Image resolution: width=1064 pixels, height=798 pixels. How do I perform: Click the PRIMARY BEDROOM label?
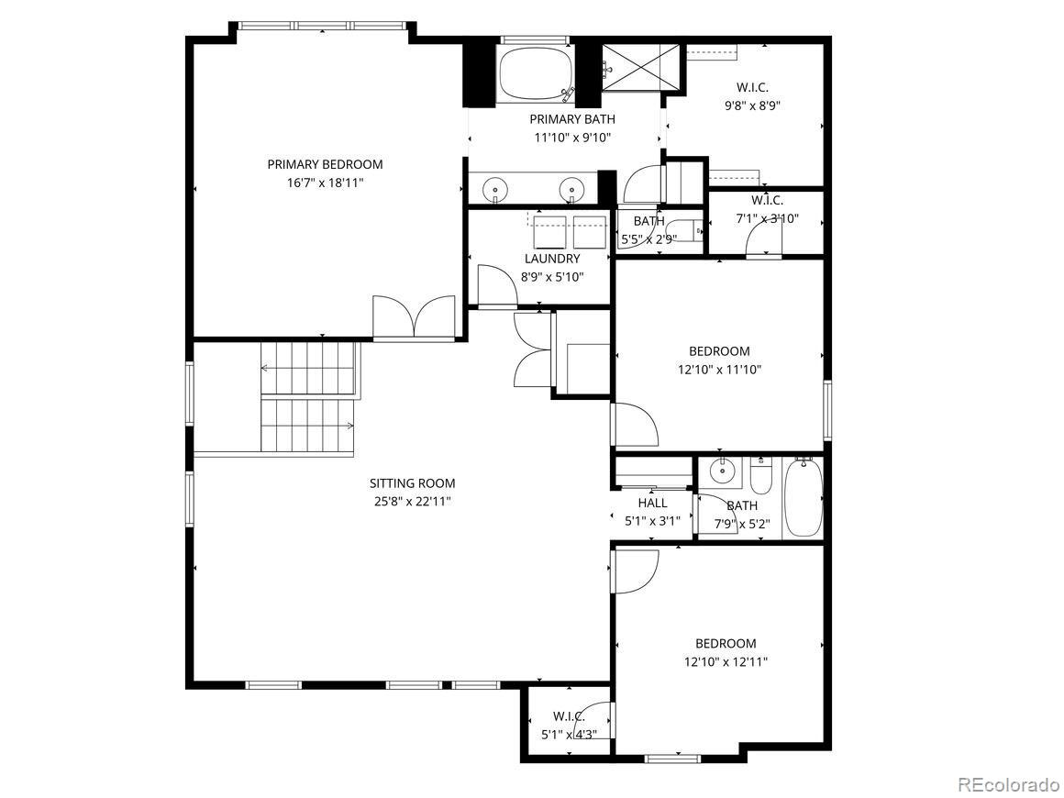pos(325,164)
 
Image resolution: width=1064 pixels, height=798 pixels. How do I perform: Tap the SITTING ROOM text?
pos(412,483)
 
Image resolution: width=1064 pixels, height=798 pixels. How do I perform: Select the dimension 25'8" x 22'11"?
pos(412,502)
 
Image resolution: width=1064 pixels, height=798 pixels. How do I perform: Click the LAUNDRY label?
pos(552,259)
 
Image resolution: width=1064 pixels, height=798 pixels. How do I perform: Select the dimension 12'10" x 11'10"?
pos(719,370)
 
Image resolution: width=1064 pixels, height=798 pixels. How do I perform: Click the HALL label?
pos(652,503)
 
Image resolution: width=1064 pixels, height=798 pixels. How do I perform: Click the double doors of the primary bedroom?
pos(415,317)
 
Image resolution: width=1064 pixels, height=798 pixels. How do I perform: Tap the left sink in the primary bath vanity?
pos(495,188)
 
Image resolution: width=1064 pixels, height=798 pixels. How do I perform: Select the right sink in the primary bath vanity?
pos(571,188)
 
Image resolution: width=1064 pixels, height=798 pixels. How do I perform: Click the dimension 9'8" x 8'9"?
pos(752,105)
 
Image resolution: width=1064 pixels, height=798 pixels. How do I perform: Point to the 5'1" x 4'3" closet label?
pos(569,716)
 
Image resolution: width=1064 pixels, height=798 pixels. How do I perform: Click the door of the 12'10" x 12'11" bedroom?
pos(632,571)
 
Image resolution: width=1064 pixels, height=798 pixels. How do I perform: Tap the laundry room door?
pos(495,284)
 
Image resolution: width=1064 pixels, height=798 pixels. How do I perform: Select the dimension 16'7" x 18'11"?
pos(325,183)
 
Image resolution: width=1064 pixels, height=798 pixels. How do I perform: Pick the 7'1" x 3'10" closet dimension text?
pos(767,218)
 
